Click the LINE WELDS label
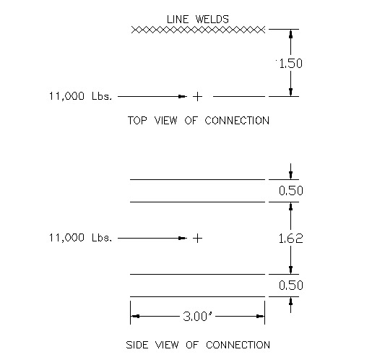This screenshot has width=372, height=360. coord(198,20)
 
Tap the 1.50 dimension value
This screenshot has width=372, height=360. coord(290,64)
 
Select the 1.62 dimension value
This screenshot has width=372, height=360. coord(290,239)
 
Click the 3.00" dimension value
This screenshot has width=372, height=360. coord(197,317)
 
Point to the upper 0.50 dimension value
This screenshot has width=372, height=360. coord(291,191)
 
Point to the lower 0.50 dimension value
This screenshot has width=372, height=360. coord(291,286)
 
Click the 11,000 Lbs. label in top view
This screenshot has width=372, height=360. coord(80,96)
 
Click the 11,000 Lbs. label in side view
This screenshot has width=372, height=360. coord(80,238)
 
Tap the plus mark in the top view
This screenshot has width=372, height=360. coord(197,97)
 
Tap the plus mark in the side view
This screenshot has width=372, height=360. coord(197,239)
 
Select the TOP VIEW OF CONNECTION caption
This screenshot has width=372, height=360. coord(199,121)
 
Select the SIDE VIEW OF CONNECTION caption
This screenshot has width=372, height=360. coord(198,345)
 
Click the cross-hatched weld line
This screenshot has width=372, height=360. coord(198,30)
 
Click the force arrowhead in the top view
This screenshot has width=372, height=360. coord(182,97)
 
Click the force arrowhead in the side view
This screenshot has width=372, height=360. coord(182,239)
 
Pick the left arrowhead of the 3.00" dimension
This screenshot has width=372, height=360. coord(135,316)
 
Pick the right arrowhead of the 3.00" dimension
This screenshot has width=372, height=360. coord(260,316)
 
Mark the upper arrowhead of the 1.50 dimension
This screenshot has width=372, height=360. coord(290,34)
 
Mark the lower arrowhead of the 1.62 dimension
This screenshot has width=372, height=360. coord(290,270)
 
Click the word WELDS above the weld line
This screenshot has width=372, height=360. coord(212,20)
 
